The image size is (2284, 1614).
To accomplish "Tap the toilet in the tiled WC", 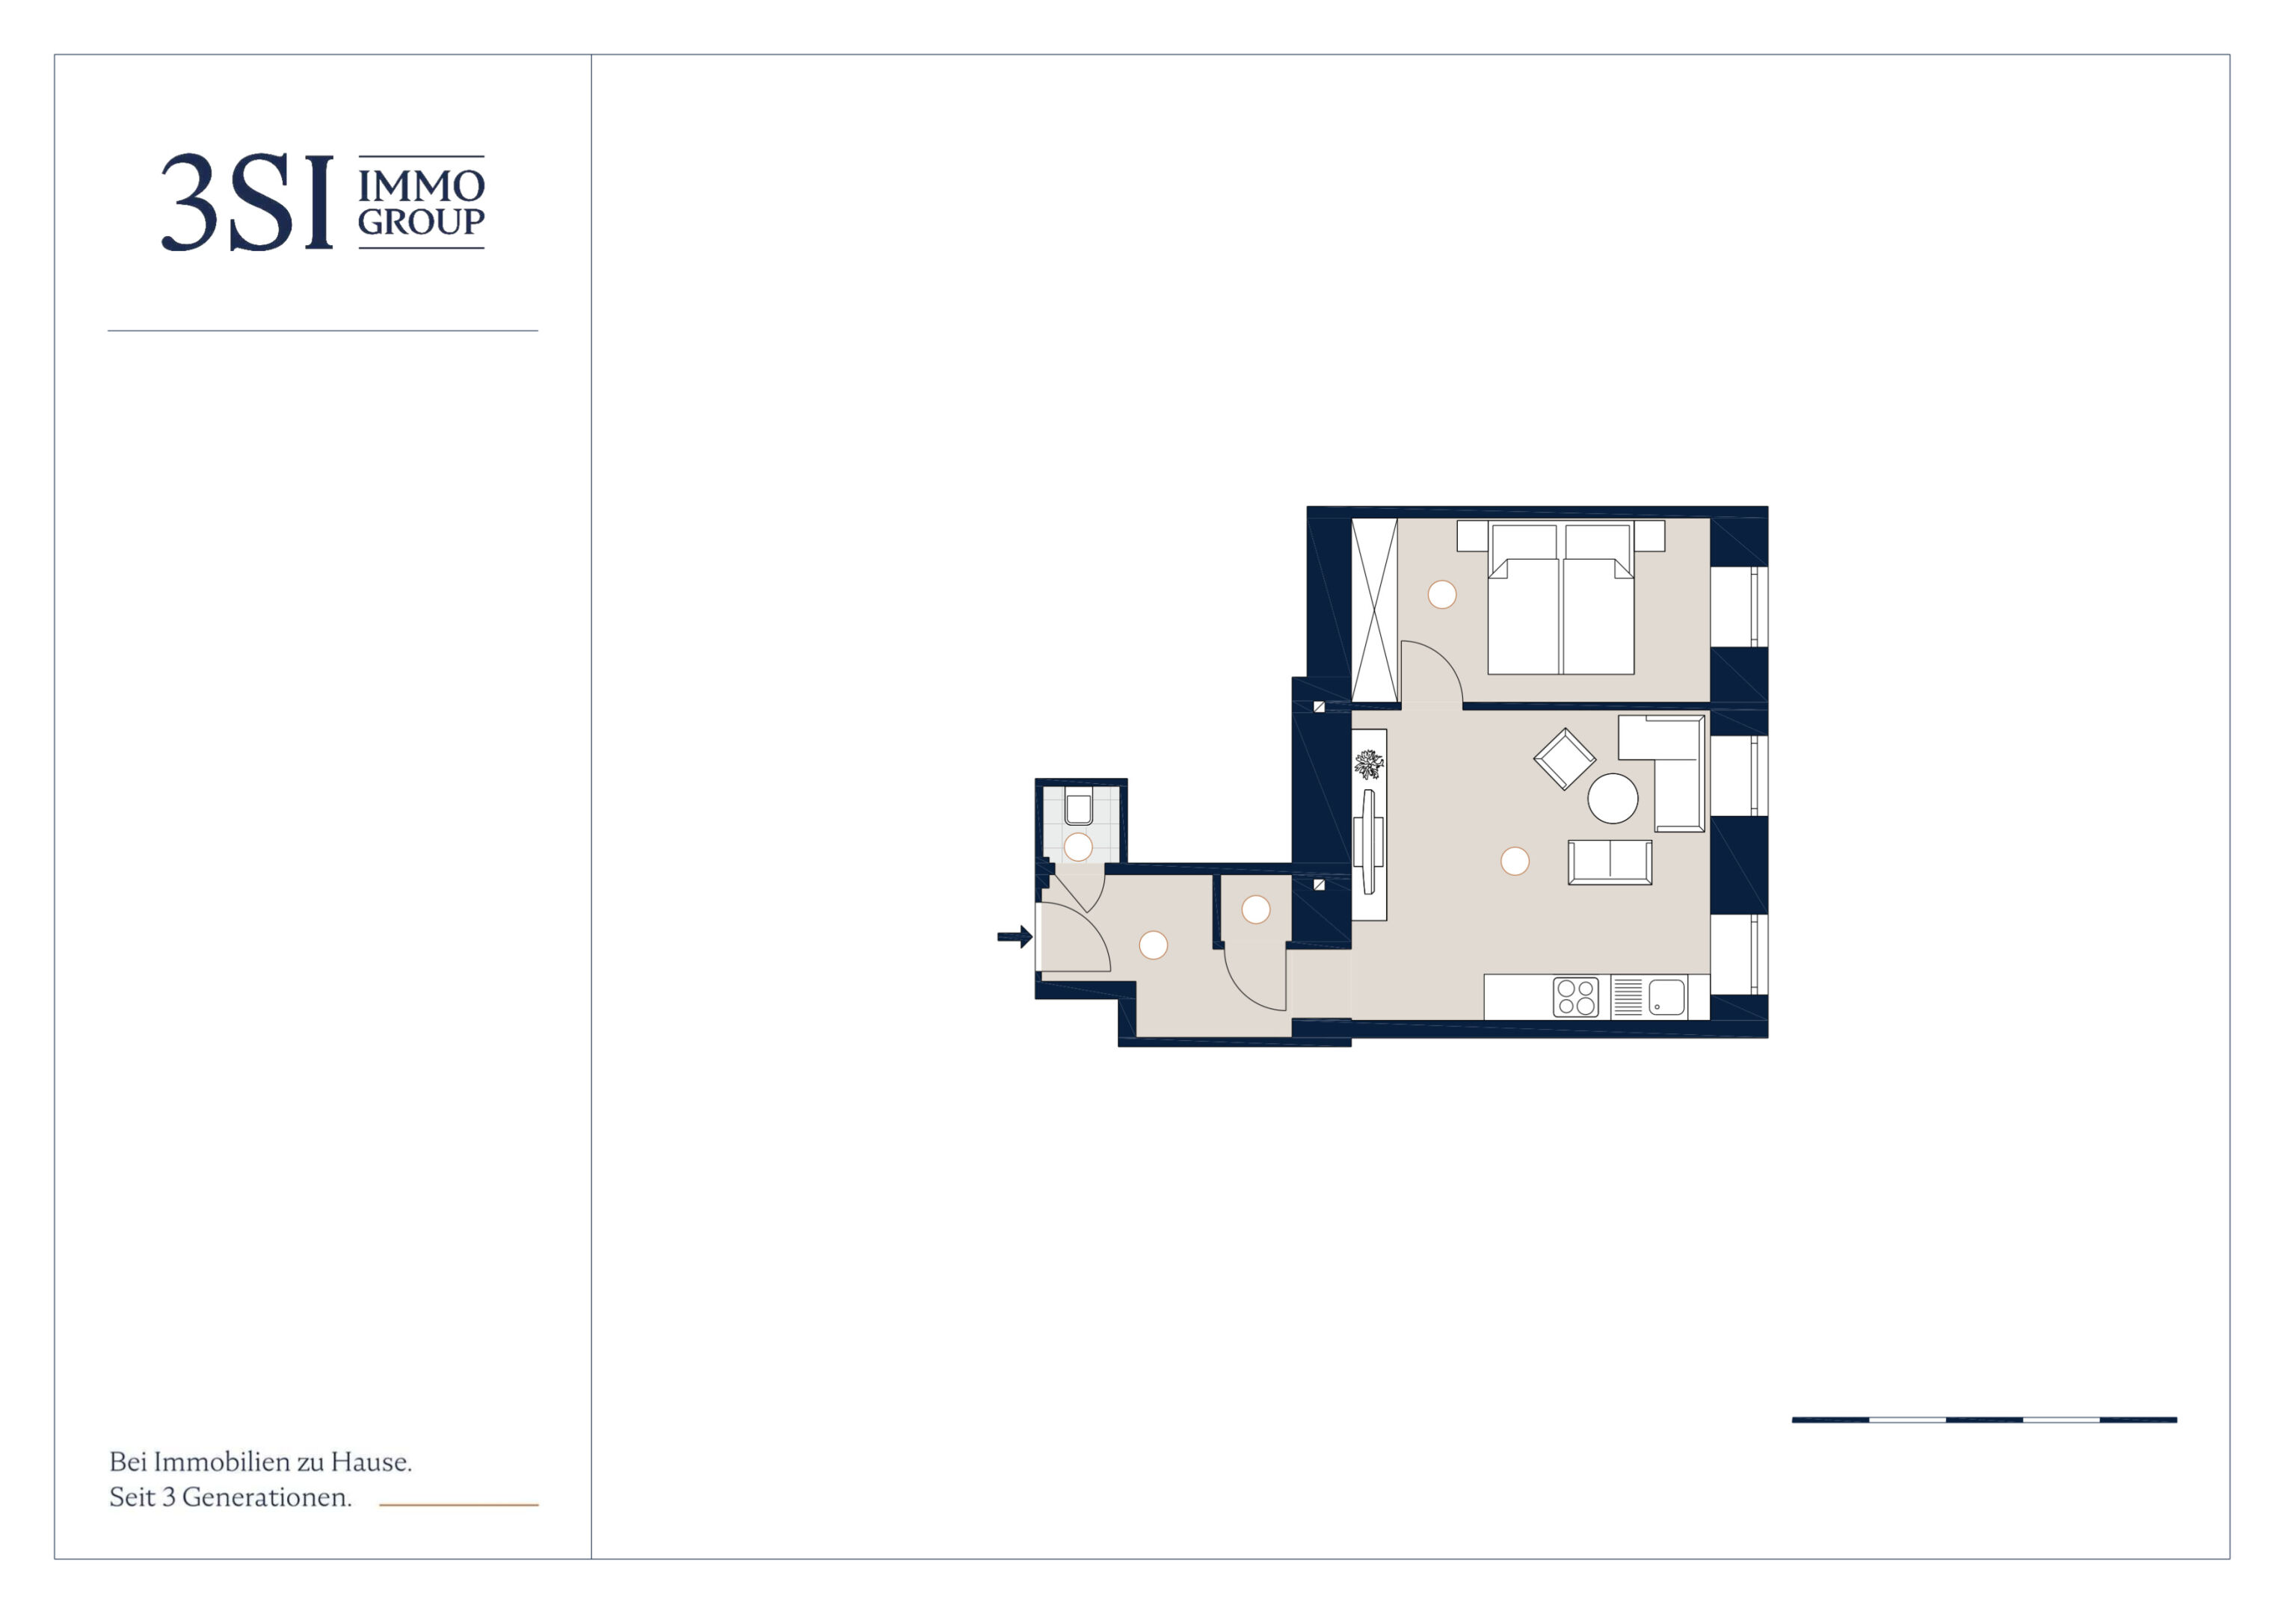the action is click(x=1078, y=808).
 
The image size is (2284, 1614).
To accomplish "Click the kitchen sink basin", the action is click(x=1667, y=997).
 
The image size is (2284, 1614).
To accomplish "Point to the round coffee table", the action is click(x=1613, y=797).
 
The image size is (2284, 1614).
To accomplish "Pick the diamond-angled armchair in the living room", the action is click(x=1564, y=758).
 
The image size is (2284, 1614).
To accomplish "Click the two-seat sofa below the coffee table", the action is click(x=1610, y=862).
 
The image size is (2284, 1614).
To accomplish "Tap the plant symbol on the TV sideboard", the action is click(x=1369, y=764).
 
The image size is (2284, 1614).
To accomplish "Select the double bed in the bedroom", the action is click(x=1561, y=598).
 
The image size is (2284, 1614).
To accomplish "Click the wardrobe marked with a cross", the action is click(x=1375, y=610).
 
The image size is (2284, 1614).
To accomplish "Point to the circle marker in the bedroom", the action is click(x=1441, y=595).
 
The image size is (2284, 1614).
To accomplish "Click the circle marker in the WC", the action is click(x=1078, y=847).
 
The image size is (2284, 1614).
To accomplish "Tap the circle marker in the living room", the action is click(x=1515, y=862).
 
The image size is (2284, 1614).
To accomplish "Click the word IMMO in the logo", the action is click(x=421, y=186).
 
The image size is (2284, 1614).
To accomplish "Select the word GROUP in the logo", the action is click(x=421, y=222).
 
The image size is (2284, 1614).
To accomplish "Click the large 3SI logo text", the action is click(x=247, y=202).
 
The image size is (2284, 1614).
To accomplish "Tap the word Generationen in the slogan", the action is click(x=267, y=1497).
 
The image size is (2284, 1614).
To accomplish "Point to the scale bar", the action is click(x=1984, y=1420).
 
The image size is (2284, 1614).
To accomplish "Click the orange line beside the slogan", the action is click(x=458, y=1505).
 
